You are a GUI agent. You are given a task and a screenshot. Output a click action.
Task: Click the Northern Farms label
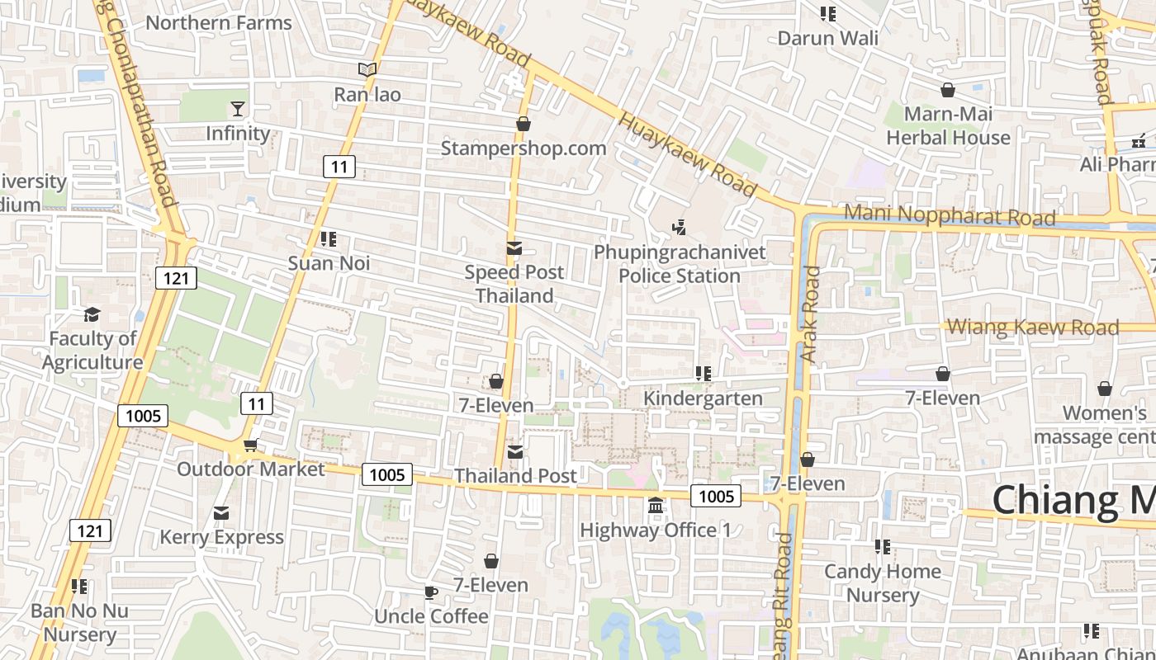coord(219,23)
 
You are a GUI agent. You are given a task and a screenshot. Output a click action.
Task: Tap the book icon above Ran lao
coord(367,70)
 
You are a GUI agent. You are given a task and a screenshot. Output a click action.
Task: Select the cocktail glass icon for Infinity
coord(238,109)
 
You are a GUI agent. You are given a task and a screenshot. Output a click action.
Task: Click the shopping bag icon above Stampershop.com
coord(523,125)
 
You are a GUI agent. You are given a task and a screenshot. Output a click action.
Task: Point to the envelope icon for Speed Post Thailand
coord(514,248)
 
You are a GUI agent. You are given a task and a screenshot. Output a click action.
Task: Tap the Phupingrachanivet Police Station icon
coord(680,227)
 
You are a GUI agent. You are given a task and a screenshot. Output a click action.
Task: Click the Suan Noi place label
coord(329,263)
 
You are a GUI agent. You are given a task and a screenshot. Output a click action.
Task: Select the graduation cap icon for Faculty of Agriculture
coord(92,315)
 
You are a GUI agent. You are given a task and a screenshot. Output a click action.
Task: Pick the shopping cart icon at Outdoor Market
coord(250,445)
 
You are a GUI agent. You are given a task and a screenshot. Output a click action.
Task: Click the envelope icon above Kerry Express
coord(221,514)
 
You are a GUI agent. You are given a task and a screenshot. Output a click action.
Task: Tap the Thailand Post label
coord(515,476)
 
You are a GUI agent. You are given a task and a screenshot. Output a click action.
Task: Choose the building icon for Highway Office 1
coord(656,505)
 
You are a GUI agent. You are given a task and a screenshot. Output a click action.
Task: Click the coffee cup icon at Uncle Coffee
coord(430,592)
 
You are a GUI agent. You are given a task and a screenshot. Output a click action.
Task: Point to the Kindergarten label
coord(703,398)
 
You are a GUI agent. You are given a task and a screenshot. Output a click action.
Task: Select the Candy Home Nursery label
coord(883,582)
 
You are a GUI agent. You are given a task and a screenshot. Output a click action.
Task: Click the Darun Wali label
coord(828,38)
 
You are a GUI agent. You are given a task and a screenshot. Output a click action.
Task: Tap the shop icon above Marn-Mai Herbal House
coord(948,90)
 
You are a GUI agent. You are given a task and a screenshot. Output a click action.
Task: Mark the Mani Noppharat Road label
coord(950,215)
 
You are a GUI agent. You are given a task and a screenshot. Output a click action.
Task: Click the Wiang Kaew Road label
coord(1032,327)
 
